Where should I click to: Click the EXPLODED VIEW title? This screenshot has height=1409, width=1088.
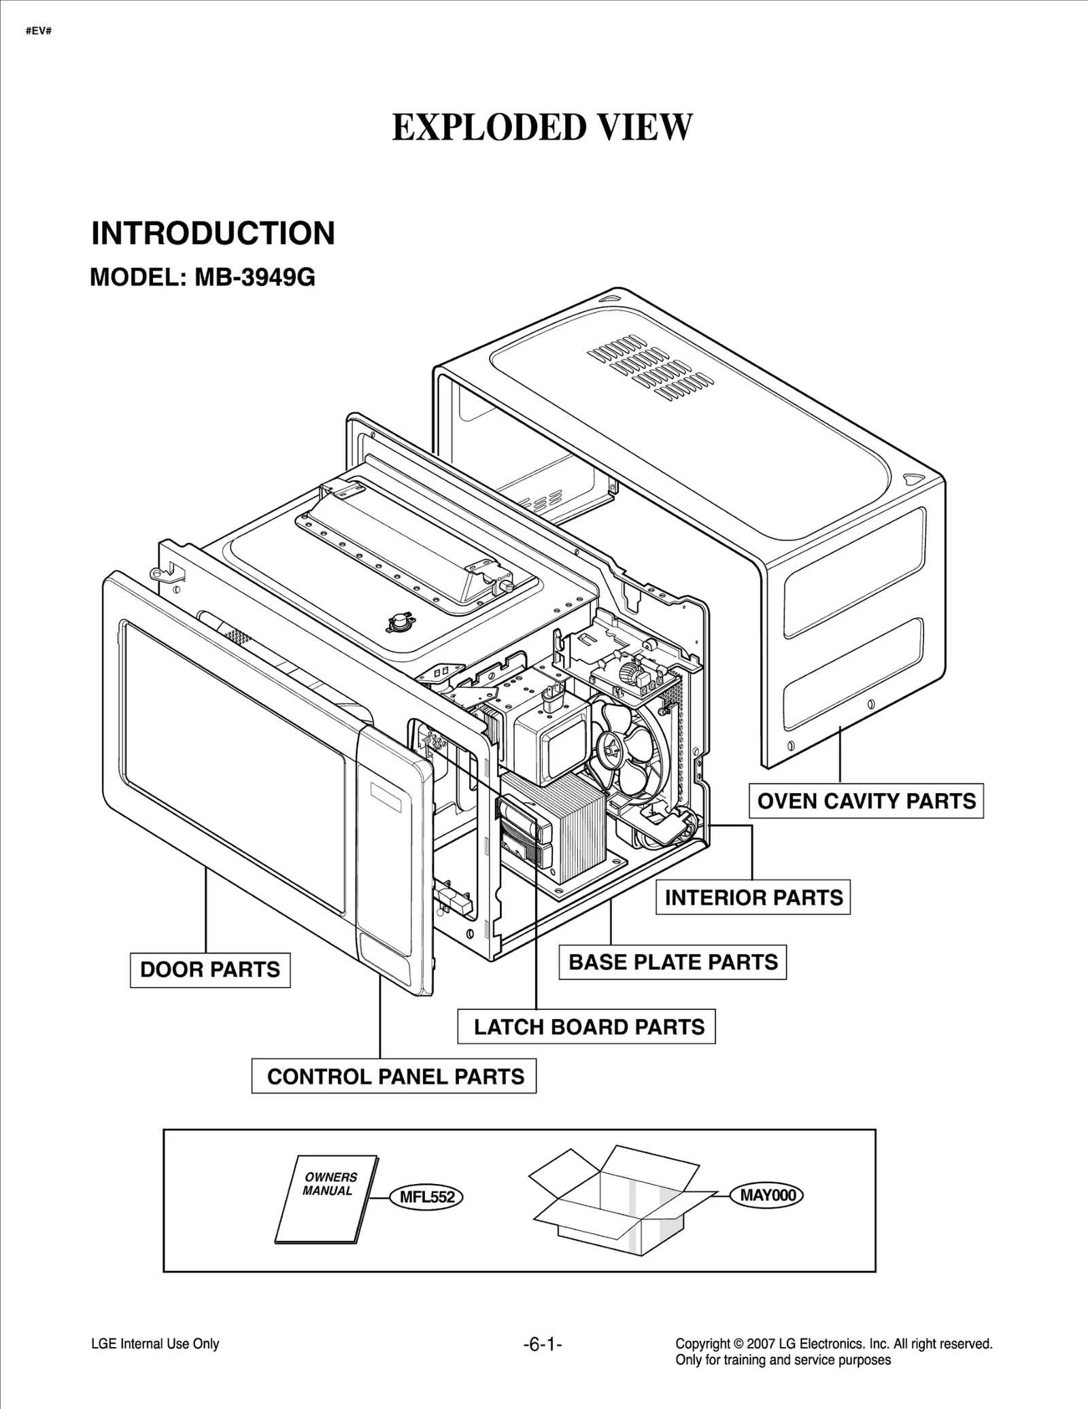[542, 127]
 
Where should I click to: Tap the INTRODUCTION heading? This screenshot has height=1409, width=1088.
[213, 233]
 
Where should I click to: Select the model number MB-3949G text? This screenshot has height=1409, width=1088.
[255, 277]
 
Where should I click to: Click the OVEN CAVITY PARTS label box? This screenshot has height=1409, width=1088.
[866, 801]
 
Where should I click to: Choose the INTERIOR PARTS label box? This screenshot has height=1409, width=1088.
[753, 897]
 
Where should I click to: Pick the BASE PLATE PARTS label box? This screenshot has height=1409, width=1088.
[673, 962]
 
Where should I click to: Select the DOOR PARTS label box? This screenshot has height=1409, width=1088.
[209, 969]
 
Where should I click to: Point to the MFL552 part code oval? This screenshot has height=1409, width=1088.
[426, 1197]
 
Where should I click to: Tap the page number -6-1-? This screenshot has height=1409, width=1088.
[543, 1344]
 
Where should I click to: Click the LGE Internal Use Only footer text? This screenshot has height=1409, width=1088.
[155, 1344]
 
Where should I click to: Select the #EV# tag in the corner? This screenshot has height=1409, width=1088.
[39, 31]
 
